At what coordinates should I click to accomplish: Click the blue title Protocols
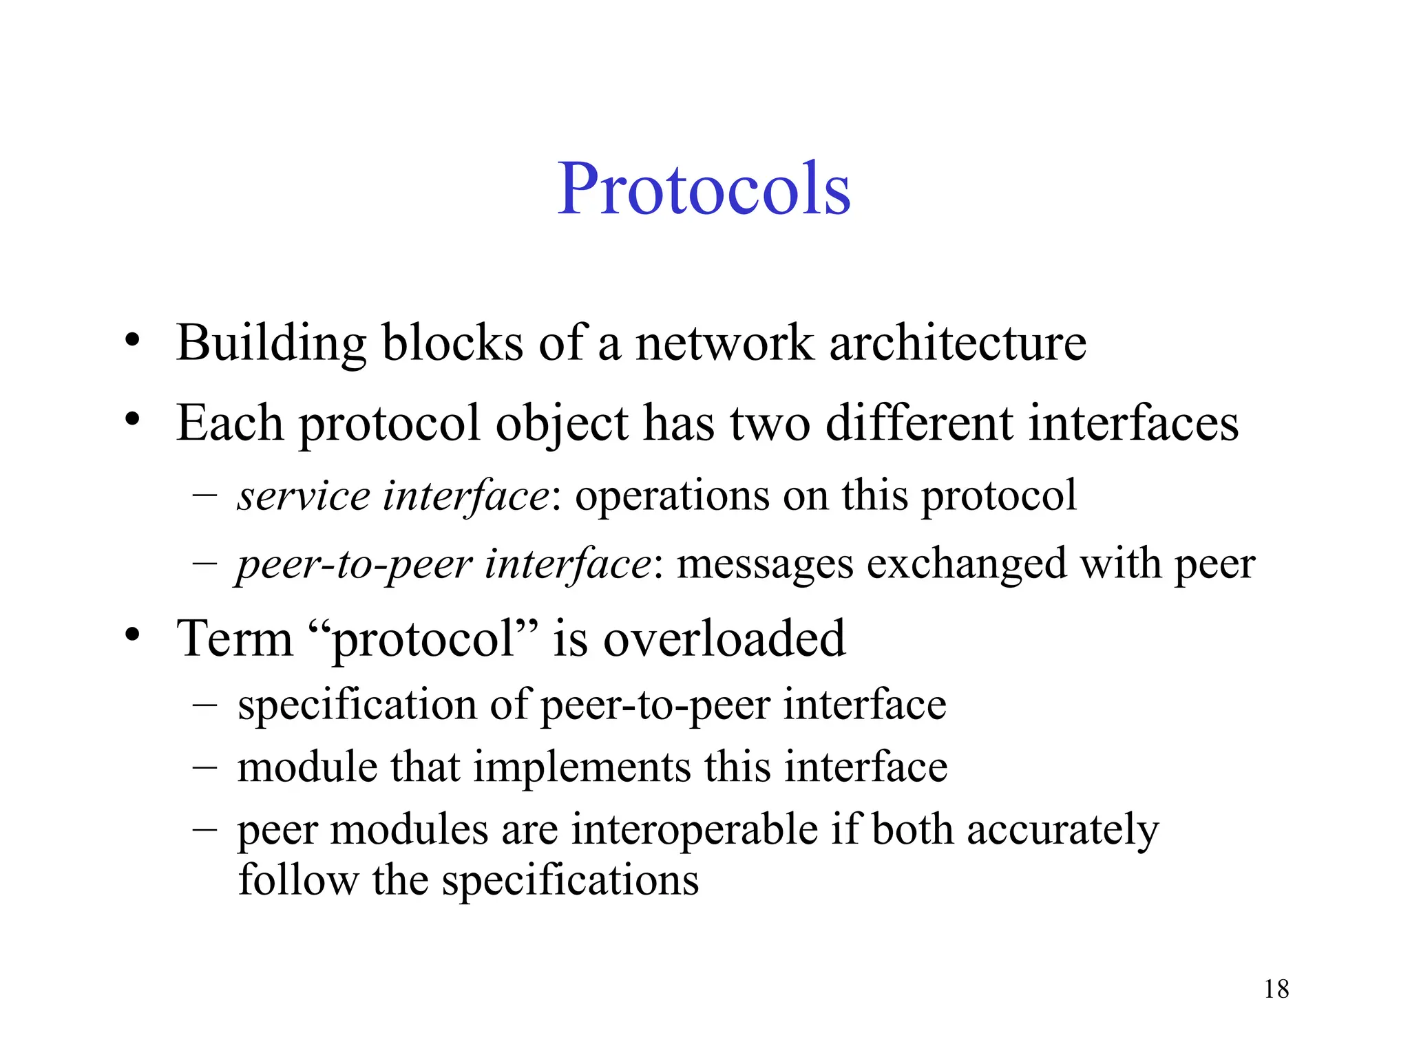tap(704, 189)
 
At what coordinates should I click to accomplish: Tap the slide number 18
tap(1276, 990)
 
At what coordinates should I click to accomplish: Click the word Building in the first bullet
tap(271, 343)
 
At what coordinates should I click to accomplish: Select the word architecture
tap(958, 343)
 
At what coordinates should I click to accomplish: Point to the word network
tap(724, 343)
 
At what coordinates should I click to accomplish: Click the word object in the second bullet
tap(562, 423)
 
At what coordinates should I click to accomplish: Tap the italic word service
tap(304, 495)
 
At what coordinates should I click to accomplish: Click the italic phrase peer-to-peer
tap(355, 564)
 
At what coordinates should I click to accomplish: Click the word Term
tap(235, 639)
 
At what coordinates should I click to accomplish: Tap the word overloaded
tap(724, 639)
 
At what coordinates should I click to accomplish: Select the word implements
tap(582, 767)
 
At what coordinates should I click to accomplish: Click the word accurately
tap(1063, 830)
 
